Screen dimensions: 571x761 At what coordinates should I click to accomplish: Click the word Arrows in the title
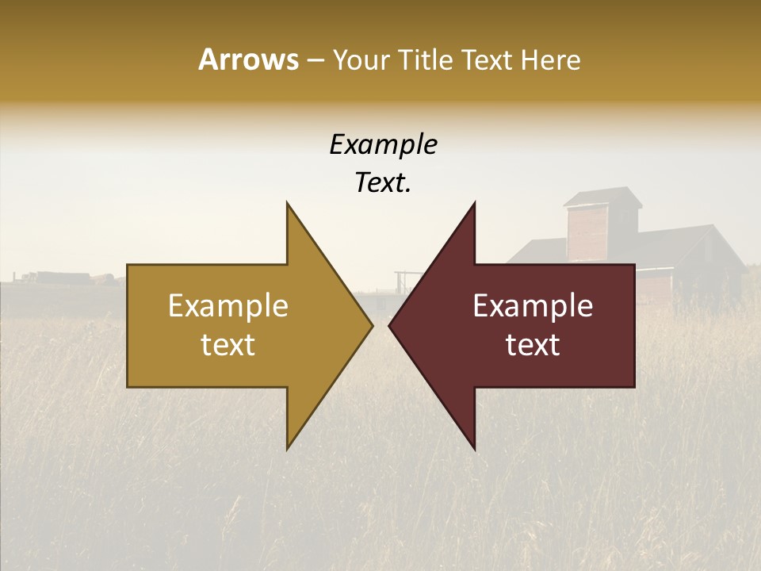[x=248, y=59]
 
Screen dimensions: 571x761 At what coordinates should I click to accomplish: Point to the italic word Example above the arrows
[x=383, y=144]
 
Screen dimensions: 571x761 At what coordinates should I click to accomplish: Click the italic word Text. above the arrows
[x=383, y=182]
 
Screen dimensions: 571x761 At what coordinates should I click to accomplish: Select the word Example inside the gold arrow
[x=228, y=305]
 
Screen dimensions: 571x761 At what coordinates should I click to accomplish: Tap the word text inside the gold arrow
[x=228, y=345]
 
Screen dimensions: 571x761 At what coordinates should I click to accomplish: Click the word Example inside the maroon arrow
[x=533, y=305]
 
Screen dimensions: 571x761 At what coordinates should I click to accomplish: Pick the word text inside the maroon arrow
[x=533, y=345]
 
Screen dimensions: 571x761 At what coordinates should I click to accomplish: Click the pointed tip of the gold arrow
[x=372, y=325]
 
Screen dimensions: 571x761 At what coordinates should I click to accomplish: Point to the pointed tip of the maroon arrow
[x=390, y=325]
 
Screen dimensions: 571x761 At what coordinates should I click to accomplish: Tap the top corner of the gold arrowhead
[x=287, y=204]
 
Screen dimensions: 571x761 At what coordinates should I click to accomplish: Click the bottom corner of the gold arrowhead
[x=287, y=448]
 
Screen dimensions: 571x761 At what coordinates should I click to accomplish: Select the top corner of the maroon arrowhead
[x=475, y=204]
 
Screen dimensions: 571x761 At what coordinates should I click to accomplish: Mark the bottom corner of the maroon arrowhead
[x=475, y=448]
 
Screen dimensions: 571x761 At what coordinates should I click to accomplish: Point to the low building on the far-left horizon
[x=63, y=278]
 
